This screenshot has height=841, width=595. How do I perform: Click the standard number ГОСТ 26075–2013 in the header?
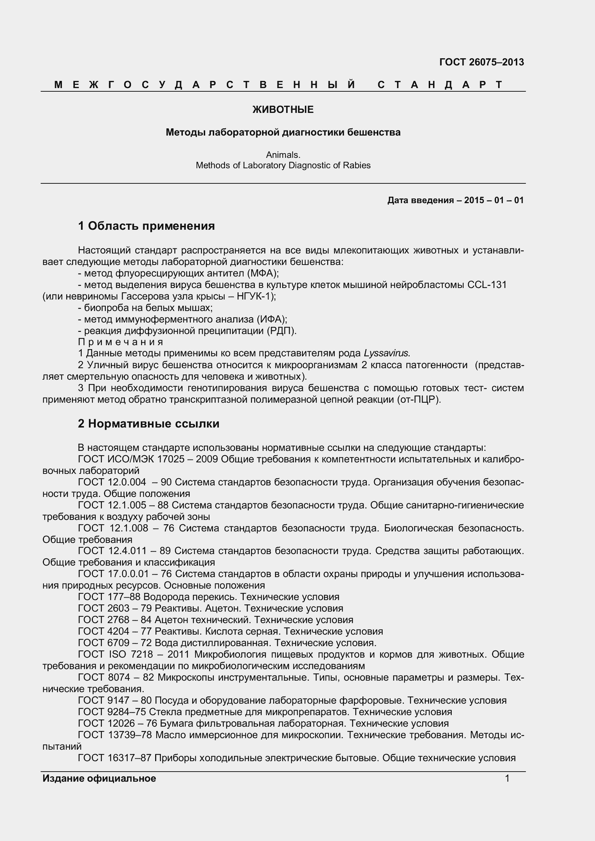tap(481, 62)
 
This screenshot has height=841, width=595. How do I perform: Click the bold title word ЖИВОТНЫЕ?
tap(283, 110)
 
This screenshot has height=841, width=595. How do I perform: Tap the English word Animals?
tap(283, 155)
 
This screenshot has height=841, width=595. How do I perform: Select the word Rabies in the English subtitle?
tap(356, 165)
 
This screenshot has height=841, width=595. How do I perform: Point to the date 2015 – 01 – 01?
tap(494, 200)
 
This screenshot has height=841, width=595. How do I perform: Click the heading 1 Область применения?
tap(146, 226)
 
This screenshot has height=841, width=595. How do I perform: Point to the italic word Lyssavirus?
tap(386, 353)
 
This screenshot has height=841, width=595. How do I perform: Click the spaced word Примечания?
tap(121, 342)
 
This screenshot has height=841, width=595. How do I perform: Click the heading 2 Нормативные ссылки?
tap(148, 424)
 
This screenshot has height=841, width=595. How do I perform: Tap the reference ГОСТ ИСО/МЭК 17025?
tap(131, 459)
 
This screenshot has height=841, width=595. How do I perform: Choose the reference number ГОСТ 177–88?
tap(109, 597)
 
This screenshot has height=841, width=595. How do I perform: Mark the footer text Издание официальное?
tap(99, 778)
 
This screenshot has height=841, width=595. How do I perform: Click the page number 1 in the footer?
tap(507, 778)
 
